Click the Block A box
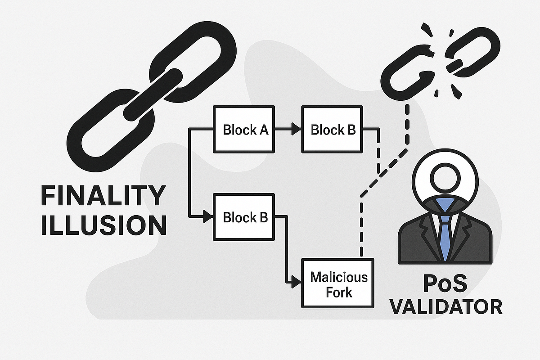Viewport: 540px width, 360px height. coord(245,130)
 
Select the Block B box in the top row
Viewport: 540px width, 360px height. coord(333,130)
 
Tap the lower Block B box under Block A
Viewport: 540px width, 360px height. coord(245,217)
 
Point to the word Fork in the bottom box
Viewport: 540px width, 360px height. coord(339,292)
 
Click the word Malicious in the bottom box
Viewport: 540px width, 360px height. coord(339,276)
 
